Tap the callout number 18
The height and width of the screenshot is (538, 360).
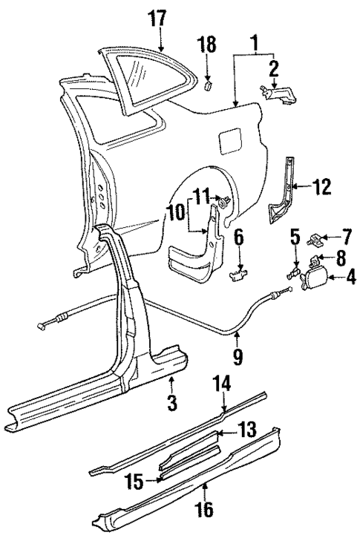click(x=208, y=46)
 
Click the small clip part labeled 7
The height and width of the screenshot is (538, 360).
click(x=317, y=239)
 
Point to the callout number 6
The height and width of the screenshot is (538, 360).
click(x=239, y=239)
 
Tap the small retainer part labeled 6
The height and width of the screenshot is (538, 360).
click(x=238, y=275)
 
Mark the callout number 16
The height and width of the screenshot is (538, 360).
click(x=204, y=509)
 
